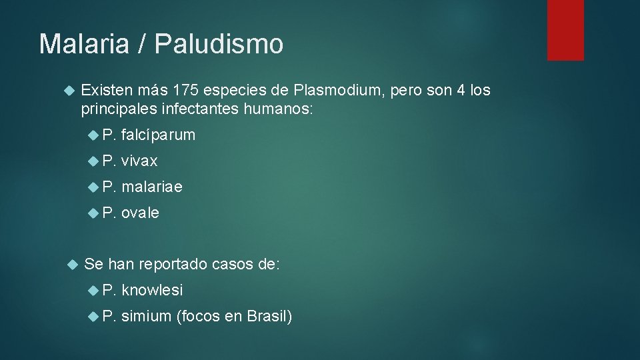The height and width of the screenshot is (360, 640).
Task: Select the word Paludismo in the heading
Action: pyautogui.click(x=219, y=44)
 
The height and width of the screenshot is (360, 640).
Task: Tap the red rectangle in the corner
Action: pyautogui.click(x=565, y=30)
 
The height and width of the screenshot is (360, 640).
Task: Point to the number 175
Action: pyautogui.click(x=185, y=90)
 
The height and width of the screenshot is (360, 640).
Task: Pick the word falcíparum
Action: pyautogui.click(x=158, y=135)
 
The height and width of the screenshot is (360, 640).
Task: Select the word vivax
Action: pyautogui.click(x=139, y=161)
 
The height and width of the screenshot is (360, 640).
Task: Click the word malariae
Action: pyautogui.click(x=151, y=187)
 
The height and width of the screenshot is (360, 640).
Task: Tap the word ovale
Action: pyautogui.click(x=140, y=213)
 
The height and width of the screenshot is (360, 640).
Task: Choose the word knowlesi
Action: pyautogui.click(x=152, y=291)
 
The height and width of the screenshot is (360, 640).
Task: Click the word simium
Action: pyautogui.click(x=146, y=317)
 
